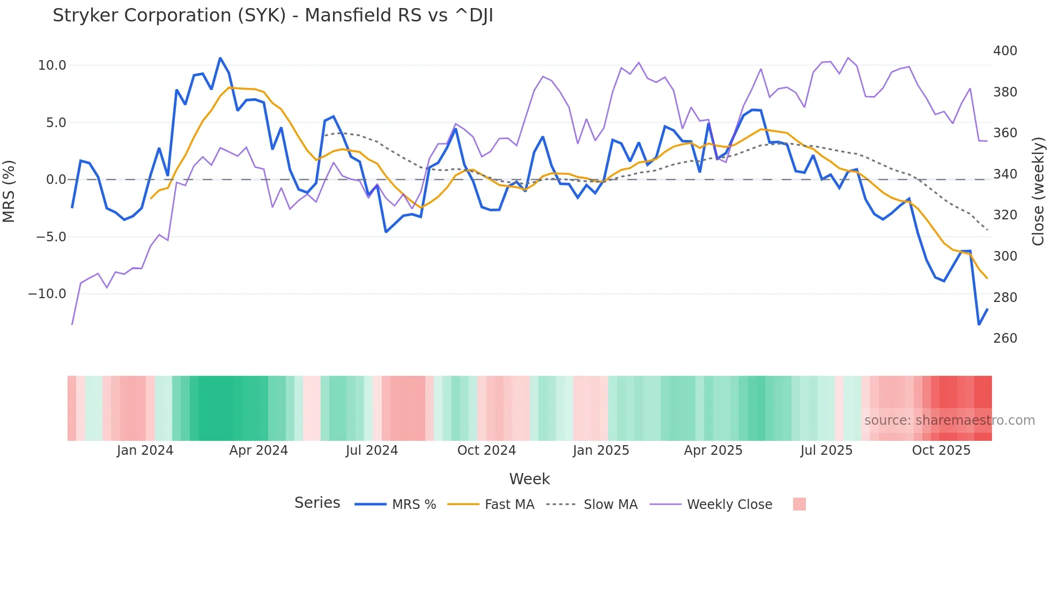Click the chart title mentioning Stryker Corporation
point(272,16)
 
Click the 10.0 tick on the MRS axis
point(51,65)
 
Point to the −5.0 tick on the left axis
point(51,237)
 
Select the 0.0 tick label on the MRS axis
point(56,180)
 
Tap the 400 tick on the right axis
point(1005,51)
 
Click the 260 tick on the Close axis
point(1005,338)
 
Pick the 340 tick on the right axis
point(1005,174)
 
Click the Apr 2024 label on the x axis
point(258,450)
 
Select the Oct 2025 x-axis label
point(941,450)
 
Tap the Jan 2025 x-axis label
point(601,450)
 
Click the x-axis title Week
point(529,479)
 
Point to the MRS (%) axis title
point(9,191)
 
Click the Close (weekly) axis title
point(1038,191)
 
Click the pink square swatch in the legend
point(799,504)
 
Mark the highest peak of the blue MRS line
point(220,58)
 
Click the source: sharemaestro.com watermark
point(949,420)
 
